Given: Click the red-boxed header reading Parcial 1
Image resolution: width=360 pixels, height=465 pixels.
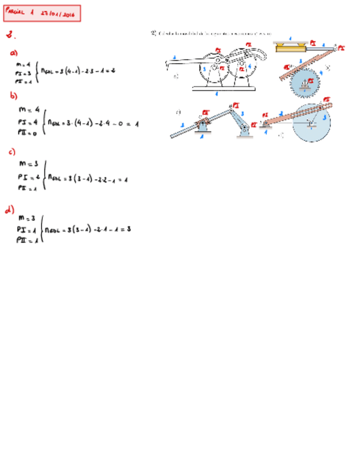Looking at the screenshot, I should coord(42,13).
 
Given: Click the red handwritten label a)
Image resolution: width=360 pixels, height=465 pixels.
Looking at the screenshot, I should coord(14,53).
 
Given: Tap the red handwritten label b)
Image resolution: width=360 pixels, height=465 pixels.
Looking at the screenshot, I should coord(14,95).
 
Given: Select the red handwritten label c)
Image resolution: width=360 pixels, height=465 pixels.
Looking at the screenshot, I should coord(12,151).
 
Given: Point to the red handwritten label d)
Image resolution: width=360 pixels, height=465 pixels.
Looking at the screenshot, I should coord(9,209).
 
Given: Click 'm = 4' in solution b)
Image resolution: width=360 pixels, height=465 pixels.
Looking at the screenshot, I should coord(29,109).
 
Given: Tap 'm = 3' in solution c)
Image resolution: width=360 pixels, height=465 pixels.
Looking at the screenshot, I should coord(28,163).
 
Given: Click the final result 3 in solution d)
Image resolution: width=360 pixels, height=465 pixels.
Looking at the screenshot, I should coord(128,229).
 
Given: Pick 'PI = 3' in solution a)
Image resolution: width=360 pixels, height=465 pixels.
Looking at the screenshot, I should coord(23,72).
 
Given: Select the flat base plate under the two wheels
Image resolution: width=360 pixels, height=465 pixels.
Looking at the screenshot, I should coord(223,88).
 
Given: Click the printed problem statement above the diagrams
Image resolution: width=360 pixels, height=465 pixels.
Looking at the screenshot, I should coord(214,33).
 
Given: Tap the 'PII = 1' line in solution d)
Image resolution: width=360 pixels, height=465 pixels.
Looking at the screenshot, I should coord(26,240).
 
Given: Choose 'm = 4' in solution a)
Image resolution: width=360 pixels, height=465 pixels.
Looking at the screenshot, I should coord(23,64).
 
